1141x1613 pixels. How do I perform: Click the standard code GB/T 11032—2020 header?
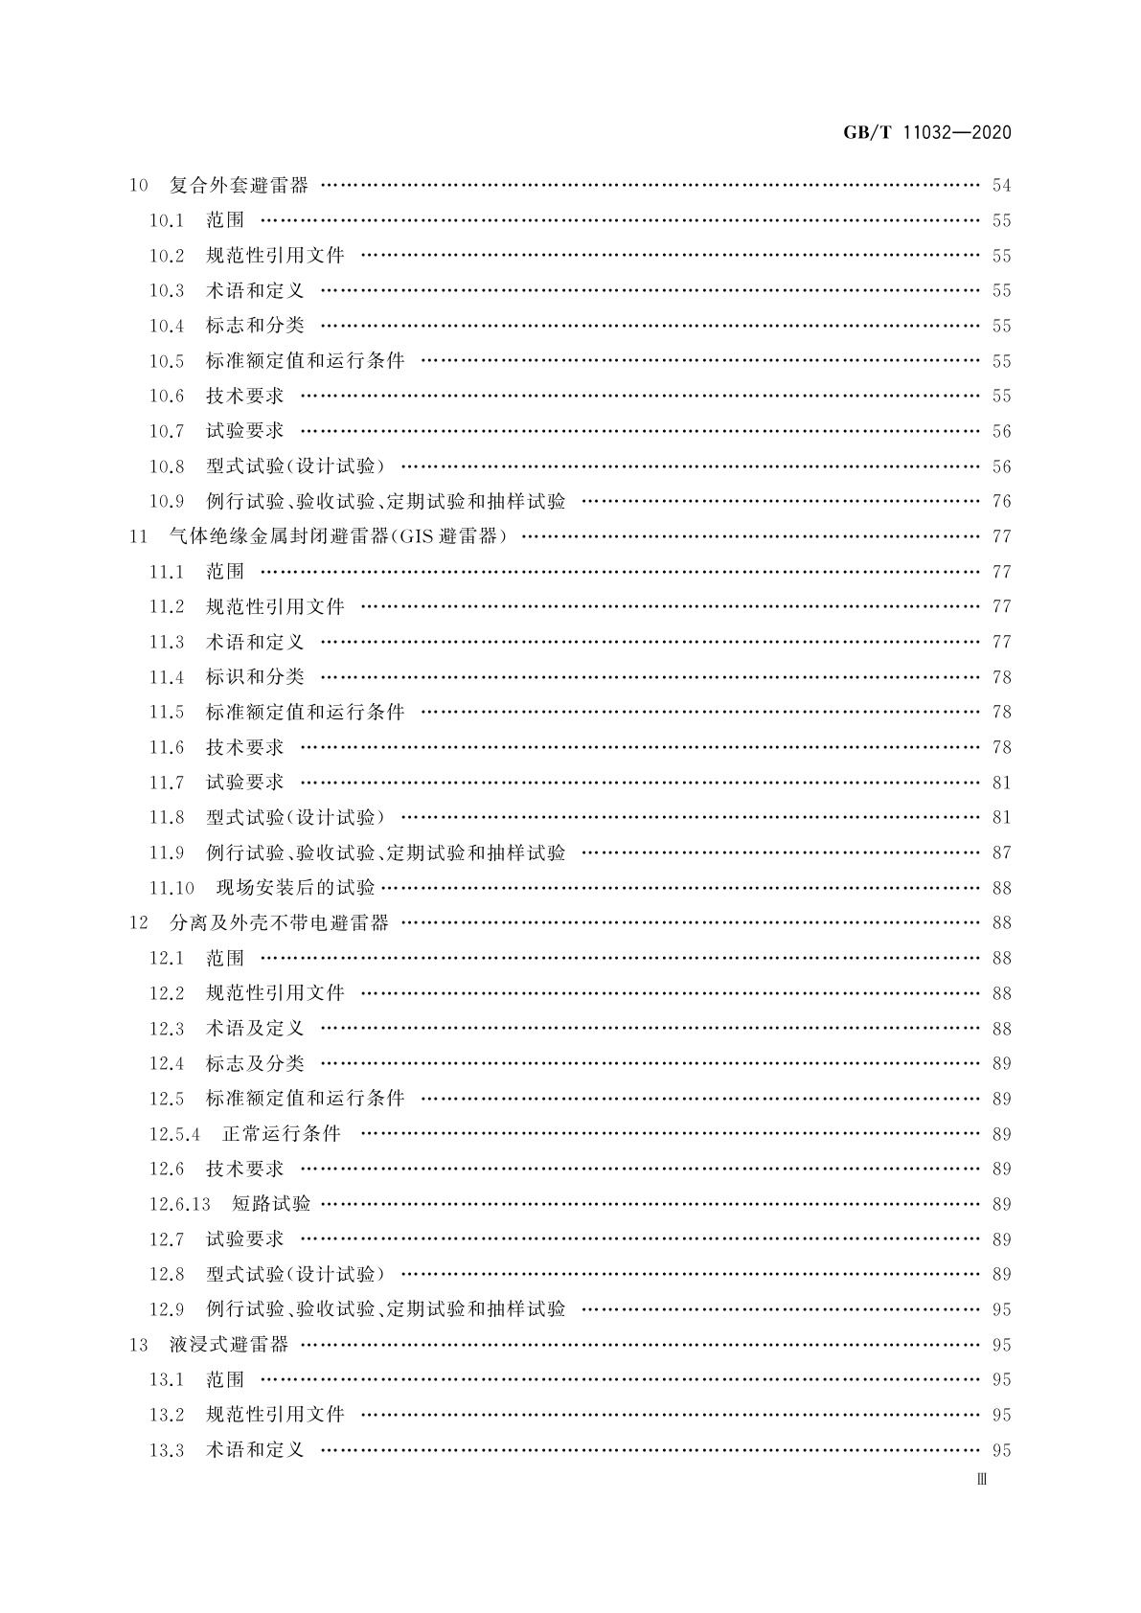(x=926, y=133)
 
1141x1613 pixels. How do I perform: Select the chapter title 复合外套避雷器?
(x=239, y=185)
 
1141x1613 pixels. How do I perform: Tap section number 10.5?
(x=166, y=361)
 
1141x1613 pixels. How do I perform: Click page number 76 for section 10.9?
(x=1001, y=501)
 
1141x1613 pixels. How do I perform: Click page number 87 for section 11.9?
(x=1001, y=852)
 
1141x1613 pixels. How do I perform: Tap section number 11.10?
(x=171, y=888)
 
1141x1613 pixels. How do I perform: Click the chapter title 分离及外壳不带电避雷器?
(x=279, y=923)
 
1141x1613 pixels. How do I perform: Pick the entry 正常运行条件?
(x=282, y=1134)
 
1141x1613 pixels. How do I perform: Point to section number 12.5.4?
(x=174, y=1134)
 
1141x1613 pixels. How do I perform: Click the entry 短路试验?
(x=271, y=1204)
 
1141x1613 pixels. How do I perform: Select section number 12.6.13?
(x=179, y=1204)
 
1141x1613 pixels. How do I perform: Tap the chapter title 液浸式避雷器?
(x=229, y=1345)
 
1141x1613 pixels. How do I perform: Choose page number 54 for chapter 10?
(x=1001, y=185)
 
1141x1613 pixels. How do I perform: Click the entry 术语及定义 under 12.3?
(x=255, y=1029)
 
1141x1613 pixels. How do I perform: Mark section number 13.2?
(x=166, y=1415)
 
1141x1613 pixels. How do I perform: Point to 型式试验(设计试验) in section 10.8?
(x=295, y=466)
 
